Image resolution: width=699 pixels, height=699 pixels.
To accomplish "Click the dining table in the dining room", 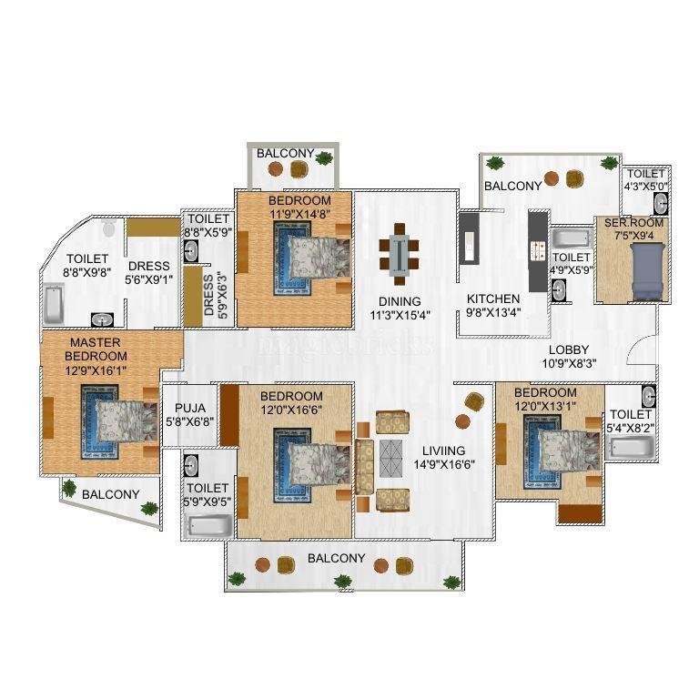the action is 399,255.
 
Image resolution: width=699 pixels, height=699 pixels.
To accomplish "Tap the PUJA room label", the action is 190,408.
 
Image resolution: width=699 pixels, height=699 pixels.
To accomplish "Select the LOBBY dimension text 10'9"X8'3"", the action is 569,364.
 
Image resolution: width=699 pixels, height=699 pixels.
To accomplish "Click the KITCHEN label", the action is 493,299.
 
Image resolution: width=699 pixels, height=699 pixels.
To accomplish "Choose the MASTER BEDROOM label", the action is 96,349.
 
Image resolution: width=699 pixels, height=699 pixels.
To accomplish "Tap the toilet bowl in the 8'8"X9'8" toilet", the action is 109,228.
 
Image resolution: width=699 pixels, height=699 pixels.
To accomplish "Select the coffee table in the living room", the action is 391,459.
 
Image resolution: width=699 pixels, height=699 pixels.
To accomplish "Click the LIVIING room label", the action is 443,451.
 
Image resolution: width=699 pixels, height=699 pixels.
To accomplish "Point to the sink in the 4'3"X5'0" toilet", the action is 661,205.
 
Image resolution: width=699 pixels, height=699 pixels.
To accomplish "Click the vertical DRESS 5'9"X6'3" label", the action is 215,295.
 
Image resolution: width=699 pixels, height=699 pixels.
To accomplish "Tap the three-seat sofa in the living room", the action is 364,467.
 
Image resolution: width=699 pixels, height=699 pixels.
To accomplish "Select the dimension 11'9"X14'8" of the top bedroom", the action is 299,214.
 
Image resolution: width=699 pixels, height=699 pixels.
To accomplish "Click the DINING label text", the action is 400,301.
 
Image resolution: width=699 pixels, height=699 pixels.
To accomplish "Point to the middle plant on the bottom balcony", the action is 342,581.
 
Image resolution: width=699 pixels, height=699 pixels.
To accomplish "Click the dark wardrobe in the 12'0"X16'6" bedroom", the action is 229,415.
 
